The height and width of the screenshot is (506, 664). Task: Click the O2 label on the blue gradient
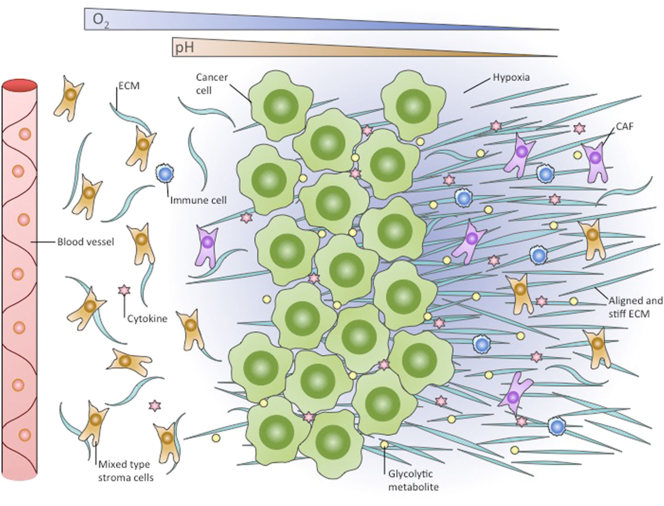100,20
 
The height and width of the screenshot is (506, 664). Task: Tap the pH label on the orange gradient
184,49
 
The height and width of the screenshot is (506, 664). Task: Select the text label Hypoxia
511,78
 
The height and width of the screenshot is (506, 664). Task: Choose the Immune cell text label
199,199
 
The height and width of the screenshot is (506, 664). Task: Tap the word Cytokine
147,318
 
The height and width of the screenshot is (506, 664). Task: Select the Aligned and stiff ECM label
635,307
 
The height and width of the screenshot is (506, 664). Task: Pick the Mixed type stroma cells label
126,470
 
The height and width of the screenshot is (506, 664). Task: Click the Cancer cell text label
212,83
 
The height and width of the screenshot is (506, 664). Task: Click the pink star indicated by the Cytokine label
124,291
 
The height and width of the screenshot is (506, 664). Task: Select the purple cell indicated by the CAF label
594,158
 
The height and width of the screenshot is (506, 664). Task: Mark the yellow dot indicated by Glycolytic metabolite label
384,444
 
